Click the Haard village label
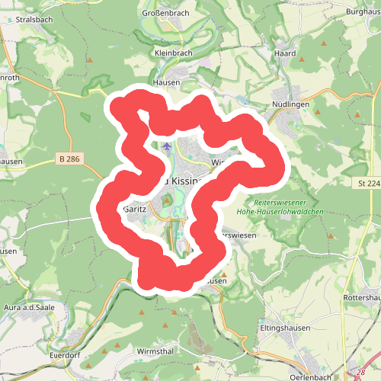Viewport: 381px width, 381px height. click(283, 54)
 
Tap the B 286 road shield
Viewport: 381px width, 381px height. click(69, 159)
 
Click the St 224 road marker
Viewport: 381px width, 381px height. click(368, 183)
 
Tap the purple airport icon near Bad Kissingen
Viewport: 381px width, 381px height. click(168, 146)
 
